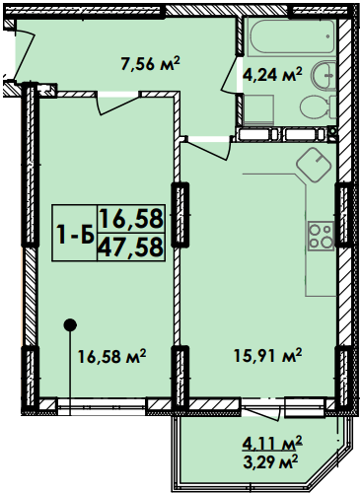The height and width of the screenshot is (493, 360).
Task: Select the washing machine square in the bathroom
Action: point(256,109)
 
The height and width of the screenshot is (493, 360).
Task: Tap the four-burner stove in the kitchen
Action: point(322,234)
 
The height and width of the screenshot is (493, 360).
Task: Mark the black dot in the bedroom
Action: point(69,323)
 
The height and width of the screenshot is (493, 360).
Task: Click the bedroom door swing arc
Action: point(112,105)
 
